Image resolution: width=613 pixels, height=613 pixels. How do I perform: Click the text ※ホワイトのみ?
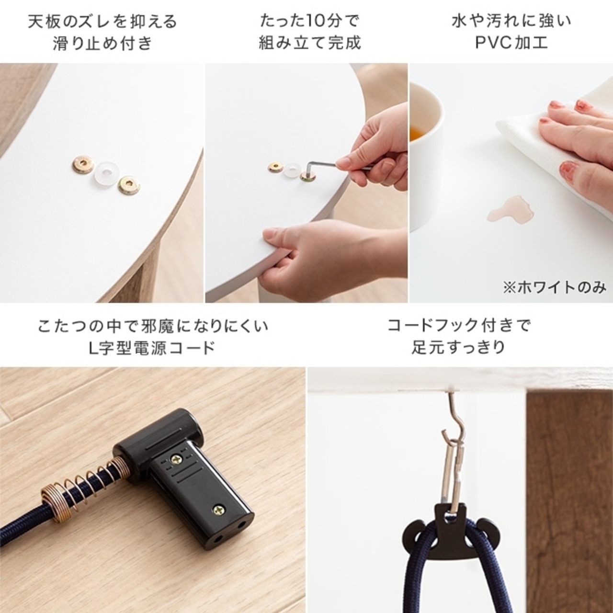coord(554,287)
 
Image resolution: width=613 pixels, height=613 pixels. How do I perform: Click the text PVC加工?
coord(511,43)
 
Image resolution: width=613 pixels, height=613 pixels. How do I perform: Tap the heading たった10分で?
coord(309,22)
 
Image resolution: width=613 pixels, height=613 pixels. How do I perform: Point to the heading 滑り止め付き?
coord(102,43)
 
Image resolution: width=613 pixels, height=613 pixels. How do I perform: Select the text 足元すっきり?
coord(459,347)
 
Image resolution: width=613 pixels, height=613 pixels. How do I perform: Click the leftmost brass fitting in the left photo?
coord(82,166)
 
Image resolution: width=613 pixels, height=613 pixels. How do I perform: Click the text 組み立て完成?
coord(309,43)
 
